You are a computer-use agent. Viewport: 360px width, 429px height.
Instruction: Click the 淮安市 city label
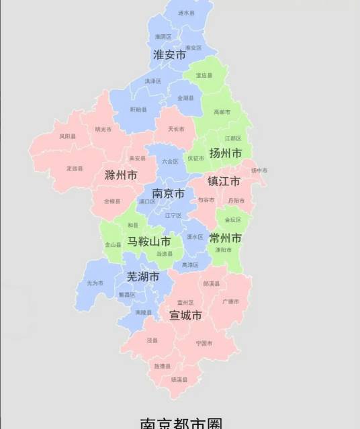click(x=169, y=55)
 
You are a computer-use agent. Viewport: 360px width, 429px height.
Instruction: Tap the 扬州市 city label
click(x=226, y=153)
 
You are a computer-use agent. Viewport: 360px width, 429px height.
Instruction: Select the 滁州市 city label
click(x=121, y=176)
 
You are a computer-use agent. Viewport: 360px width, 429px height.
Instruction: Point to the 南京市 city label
click(x=169, y=193)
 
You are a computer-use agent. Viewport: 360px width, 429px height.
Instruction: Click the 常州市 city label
click(x=226, y=238)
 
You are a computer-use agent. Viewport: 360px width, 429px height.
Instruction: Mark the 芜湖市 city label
click(x=143, y=277)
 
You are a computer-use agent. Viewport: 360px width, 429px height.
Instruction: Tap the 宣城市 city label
click(x=185, y=314)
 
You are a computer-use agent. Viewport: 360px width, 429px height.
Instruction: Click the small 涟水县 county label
click(x=186, y=13)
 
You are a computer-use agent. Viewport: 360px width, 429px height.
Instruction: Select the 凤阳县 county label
click(x=67, y=136)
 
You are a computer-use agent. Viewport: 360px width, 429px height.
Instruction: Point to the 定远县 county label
click(x=75, y=169)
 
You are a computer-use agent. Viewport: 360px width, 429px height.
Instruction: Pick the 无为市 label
click(x=95, y=283)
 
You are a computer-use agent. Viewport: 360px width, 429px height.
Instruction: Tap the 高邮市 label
click(x=222, y=113)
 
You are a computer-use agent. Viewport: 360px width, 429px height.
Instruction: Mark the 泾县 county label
click(x=152, y=340)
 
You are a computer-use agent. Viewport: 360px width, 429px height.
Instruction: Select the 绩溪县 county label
click(x=179, y=379)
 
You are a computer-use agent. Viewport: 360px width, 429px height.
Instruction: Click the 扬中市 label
click(x=259, y=171)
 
